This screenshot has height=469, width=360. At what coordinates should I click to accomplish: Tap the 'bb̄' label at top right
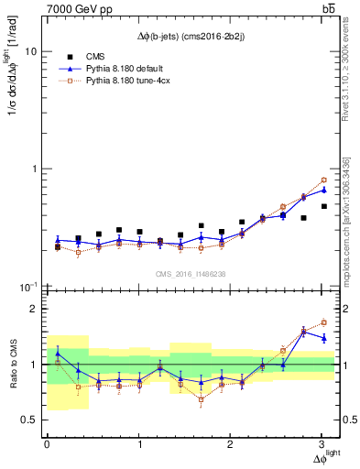pos(327,8)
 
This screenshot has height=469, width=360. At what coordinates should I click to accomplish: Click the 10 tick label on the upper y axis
pos(31,52)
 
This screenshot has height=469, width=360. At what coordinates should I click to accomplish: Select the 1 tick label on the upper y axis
pos(34,169)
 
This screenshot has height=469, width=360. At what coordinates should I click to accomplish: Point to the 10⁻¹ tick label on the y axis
pos(28,286)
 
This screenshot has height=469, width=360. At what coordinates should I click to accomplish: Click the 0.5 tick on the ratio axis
pos(29,420)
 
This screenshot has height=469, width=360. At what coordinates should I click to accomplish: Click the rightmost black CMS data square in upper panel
pos(324,206)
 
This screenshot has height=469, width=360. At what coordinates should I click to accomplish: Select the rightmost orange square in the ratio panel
pos(324,322)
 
